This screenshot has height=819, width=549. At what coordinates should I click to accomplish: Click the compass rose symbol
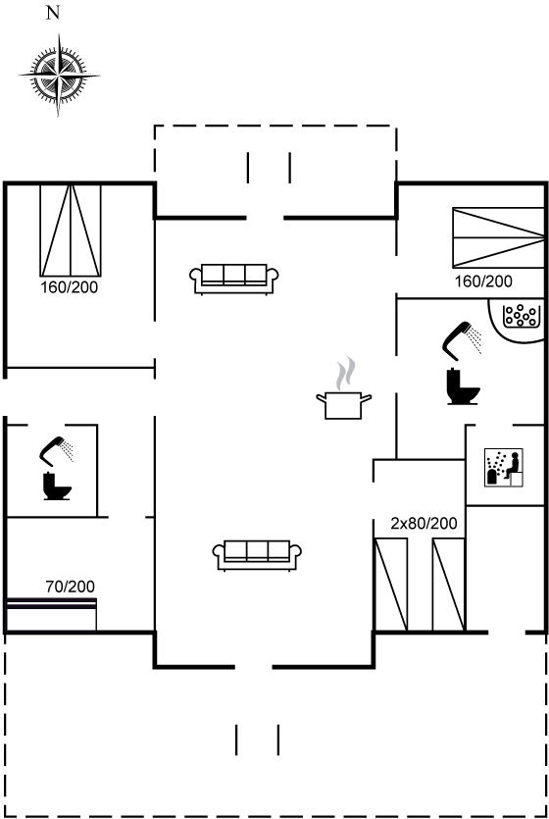(x=59, y=76)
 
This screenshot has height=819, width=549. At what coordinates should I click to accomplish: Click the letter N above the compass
(x=53, y=13)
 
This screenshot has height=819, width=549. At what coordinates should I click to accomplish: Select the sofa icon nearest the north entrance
(x=233, y=279)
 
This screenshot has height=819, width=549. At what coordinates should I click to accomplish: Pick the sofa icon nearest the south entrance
(x=257, y=555)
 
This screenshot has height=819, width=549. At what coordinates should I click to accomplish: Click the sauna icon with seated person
(x=504, y=468)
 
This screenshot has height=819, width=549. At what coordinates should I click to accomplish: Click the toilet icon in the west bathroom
(x=56, y=486)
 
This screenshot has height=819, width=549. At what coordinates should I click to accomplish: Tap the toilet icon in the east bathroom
(x=463, y=386)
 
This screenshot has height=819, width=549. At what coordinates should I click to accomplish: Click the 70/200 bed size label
(x=70, y=587)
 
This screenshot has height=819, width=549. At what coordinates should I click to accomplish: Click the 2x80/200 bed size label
(x=424, y=523)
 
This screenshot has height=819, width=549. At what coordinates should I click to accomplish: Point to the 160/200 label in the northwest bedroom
(x=70, y=286)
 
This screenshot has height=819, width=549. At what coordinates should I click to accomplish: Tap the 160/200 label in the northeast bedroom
(x=483, y=281)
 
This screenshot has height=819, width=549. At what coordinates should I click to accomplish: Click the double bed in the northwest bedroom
(x=71, y=230)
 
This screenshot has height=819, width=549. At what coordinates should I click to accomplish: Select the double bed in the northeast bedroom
(x=498, y=238)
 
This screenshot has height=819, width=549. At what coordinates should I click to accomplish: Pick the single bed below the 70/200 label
(x=52, y=614)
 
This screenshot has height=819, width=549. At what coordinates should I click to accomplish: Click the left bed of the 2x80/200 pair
(x=391, y=585)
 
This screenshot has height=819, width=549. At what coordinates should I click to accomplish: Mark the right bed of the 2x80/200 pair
(x=449, y=585)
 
